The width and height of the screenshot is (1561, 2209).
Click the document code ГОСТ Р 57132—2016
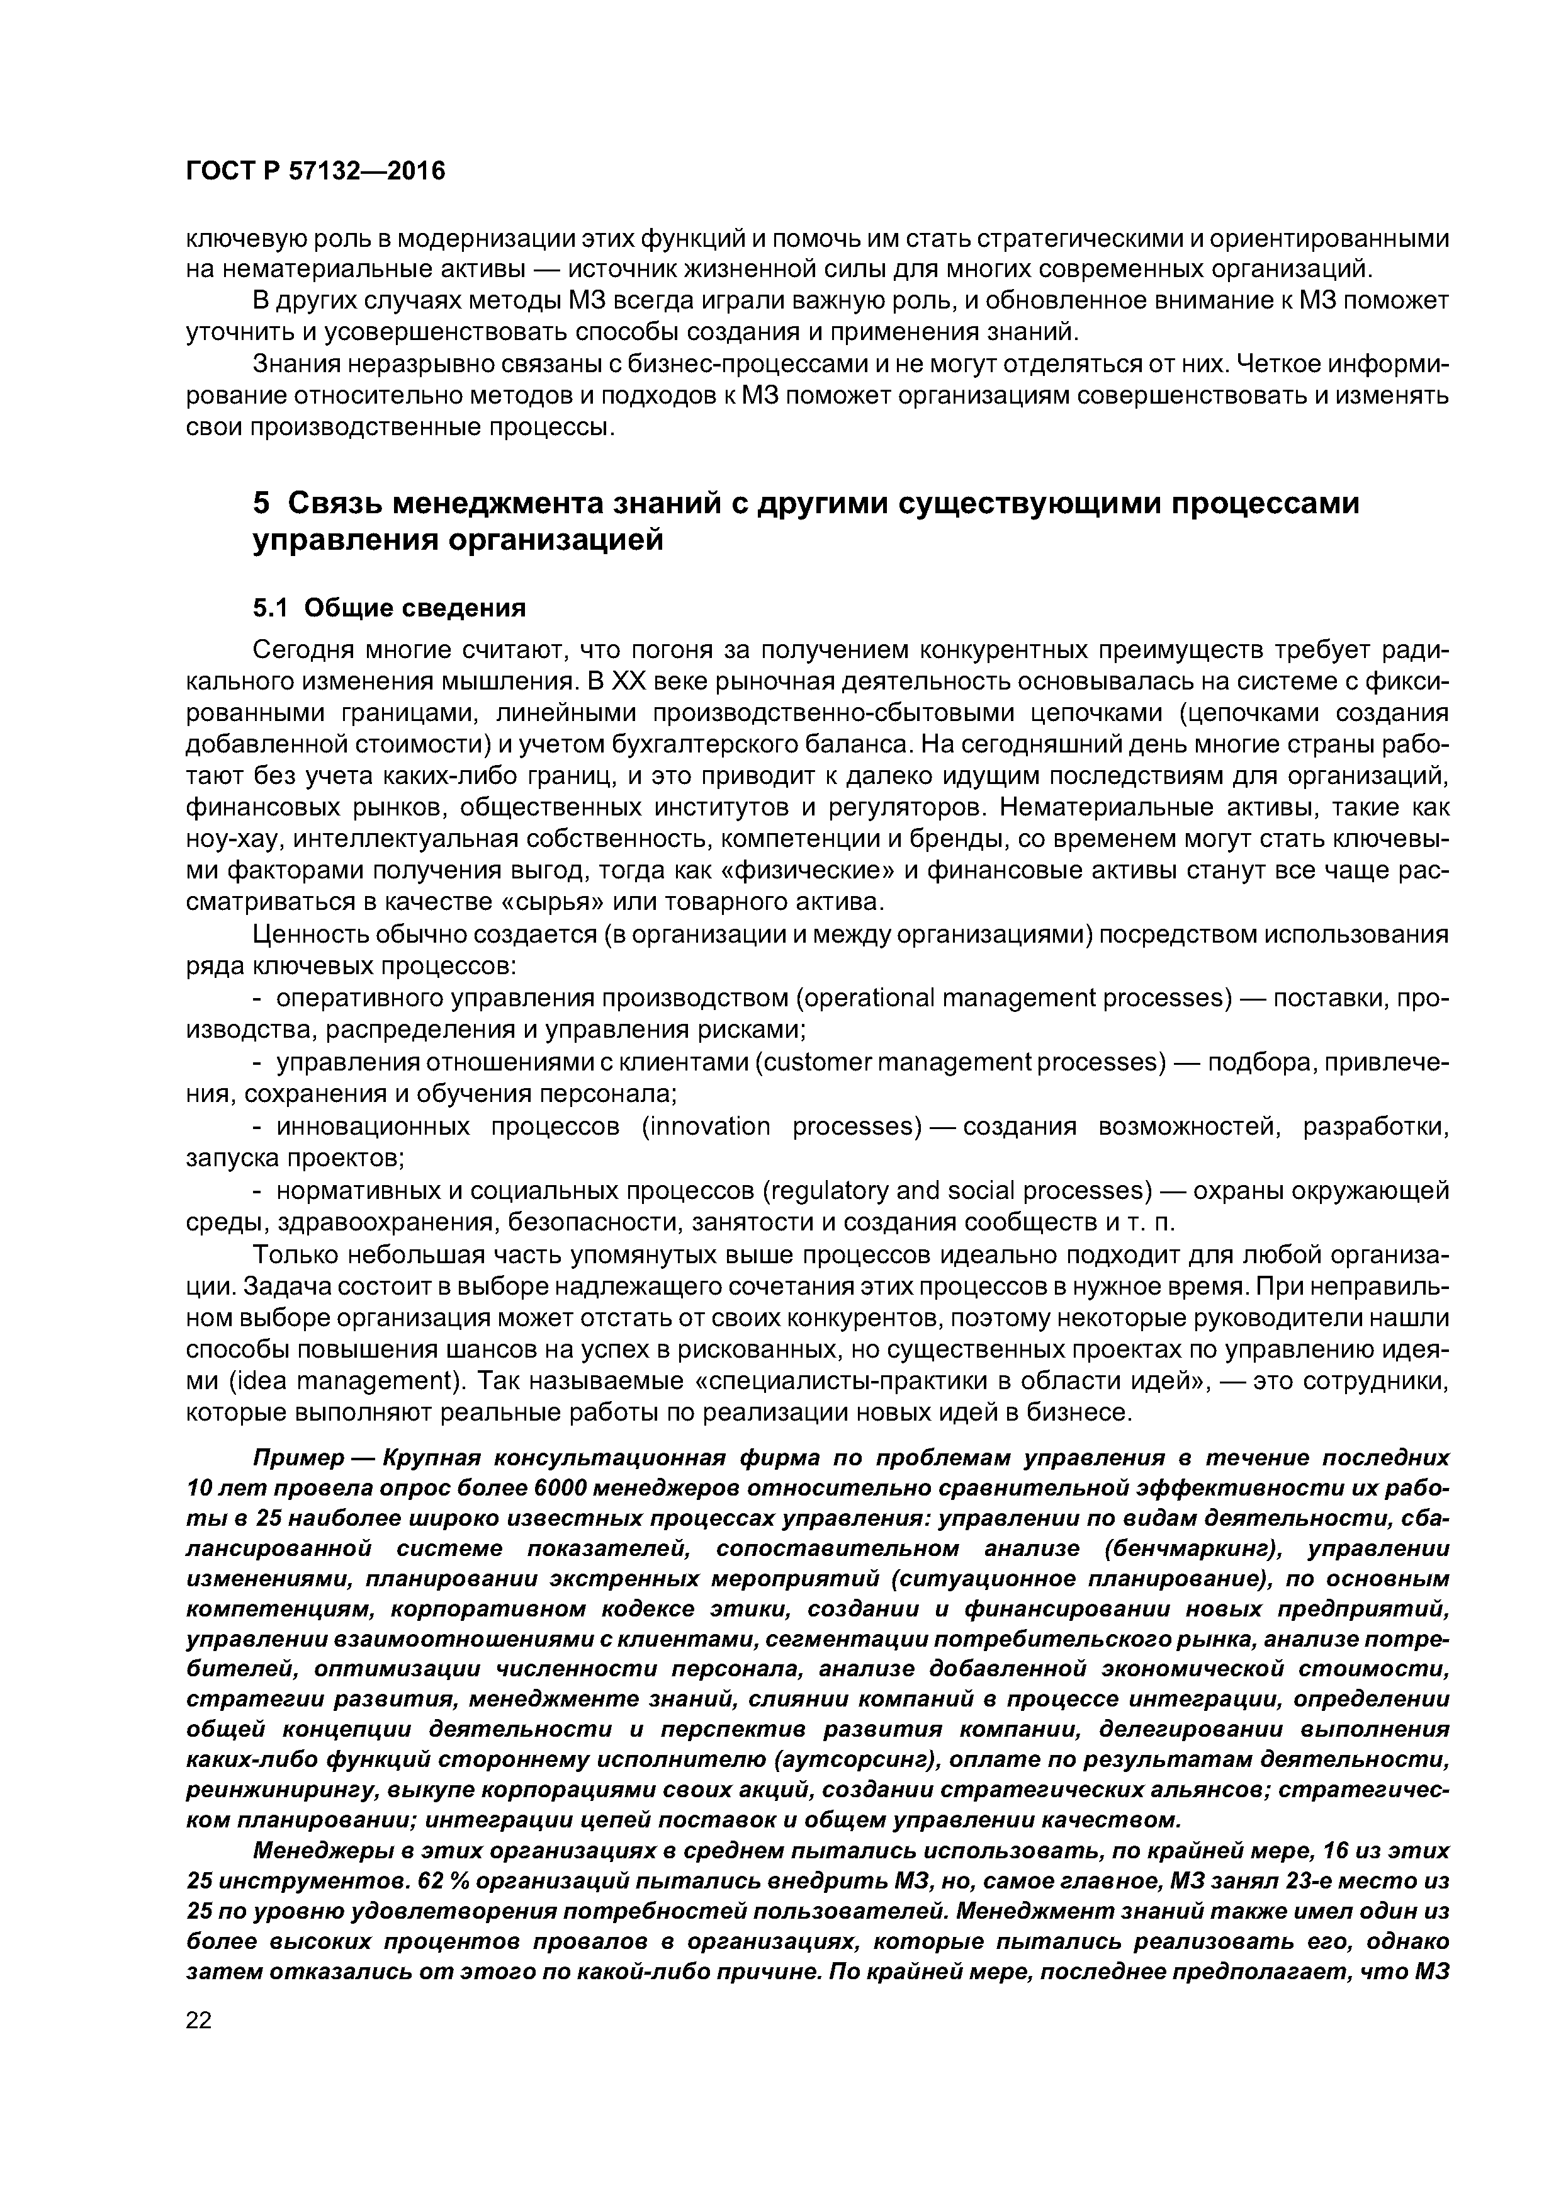[x=315, y=171]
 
